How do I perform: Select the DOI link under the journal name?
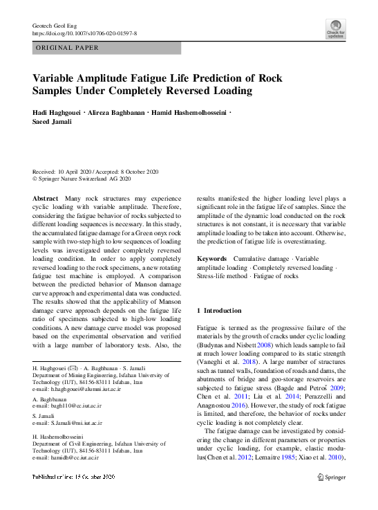[84, 33]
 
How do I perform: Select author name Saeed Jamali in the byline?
[52, 122]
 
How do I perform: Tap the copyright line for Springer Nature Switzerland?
[82, 179]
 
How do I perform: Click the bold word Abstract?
[46, 198]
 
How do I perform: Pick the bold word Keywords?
[211, 257]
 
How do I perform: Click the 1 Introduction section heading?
[220, 311]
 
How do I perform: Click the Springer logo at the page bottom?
[330, 477]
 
